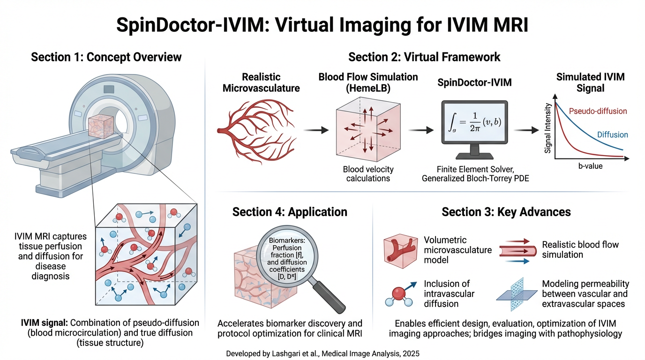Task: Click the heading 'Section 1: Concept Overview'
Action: coord(106,57)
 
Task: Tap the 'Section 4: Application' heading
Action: coord(290,212)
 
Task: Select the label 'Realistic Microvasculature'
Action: coord(261,82)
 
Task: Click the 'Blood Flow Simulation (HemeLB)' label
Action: coord(368,82)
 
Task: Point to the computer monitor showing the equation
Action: coord(474,129)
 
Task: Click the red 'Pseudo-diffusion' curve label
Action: coord(598,111)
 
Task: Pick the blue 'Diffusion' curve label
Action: coord(613,135)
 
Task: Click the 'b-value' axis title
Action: coord(590,166)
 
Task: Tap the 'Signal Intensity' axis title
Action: coord(547,128)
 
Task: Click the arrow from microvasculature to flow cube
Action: coord(316,130)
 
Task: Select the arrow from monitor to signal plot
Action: coord(526,130)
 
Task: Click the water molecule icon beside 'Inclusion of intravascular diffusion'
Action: coord(400,295)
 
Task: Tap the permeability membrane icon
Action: coord(517,295)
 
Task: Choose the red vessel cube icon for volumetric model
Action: coord(400,251)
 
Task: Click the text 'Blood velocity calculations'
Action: coord(368,173)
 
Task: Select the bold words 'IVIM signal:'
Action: coord(45,323)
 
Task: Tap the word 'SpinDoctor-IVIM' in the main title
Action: coord(190,25)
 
